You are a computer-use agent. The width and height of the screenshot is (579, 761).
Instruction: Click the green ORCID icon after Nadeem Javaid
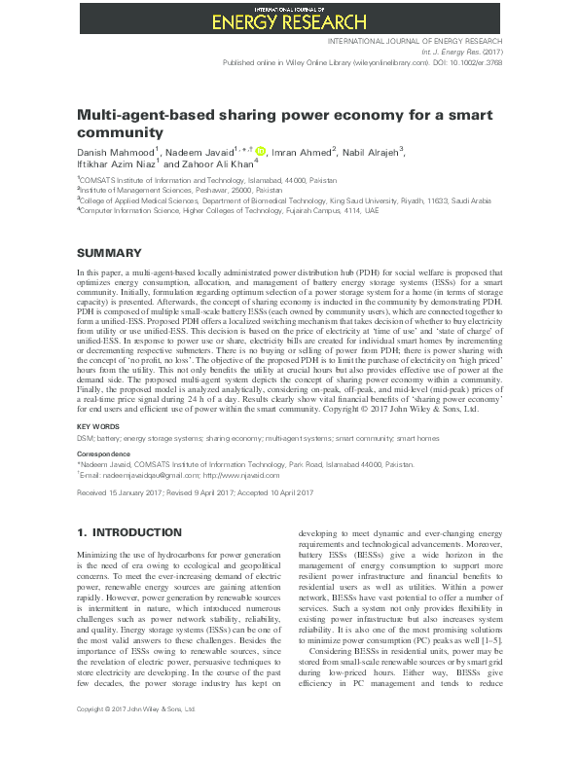260,151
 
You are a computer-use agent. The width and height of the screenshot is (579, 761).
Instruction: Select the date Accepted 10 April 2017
283,493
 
